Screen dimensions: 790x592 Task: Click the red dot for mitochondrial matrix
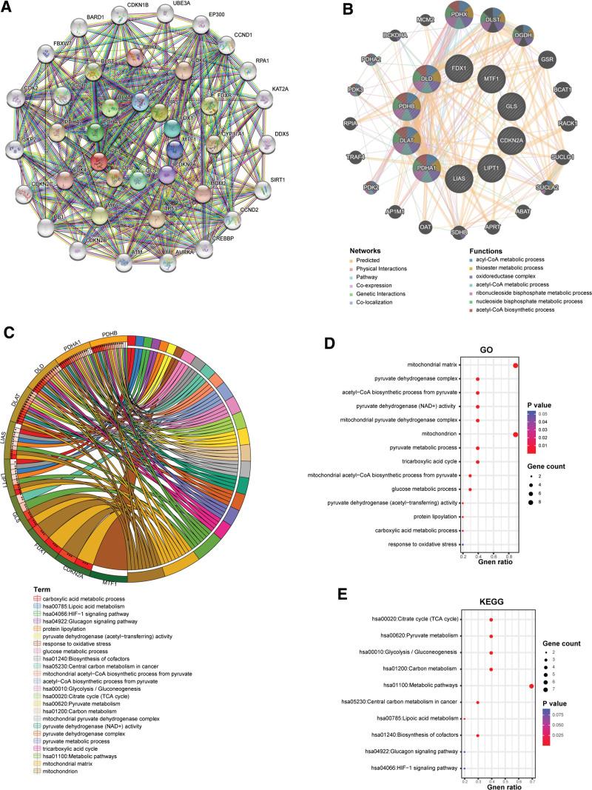pos(515,365)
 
